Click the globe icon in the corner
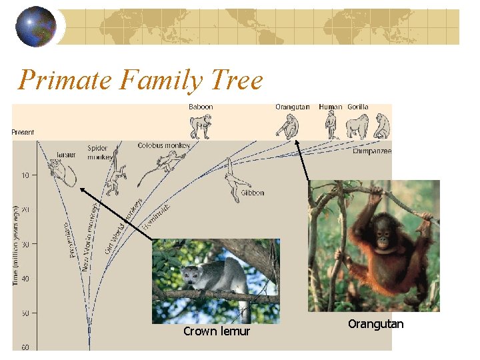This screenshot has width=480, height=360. point(36,27)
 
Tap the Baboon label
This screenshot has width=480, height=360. point(201,107)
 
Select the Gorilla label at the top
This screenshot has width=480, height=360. point(358,107)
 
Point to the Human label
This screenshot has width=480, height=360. point(330,107)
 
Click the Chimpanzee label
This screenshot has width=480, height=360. point(372,151)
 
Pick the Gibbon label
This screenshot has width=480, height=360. point(253,193)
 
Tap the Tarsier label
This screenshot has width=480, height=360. point(65,155)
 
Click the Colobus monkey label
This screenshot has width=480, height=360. point(164,145)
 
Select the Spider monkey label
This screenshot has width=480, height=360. point(99,152)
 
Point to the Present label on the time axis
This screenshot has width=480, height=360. point(23,132)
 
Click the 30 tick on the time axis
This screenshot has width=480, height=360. point(25,244)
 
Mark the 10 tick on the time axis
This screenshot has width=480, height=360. point(25,175)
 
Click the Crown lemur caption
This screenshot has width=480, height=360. point(217,331)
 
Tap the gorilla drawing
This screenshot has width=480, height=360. point(357,126)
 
